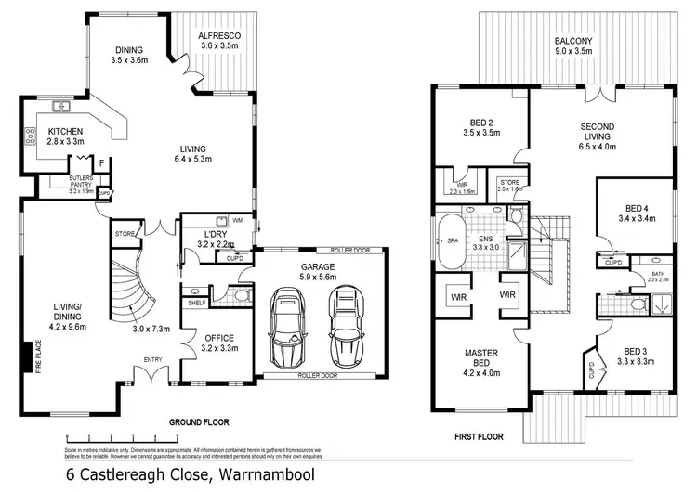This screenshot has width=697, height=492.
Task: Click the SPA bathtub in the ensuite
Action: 452,241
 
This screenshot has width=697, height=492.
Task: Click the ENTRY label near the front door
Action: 153,358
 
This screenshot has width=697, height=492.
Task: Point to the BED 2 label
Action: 481,127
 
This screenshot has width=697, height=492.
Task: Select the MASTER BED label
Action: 482,358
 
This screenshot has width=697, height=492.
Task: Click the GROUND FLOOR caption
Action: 200,421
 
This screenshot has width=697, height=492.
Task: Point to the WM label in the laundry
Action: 238,220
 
